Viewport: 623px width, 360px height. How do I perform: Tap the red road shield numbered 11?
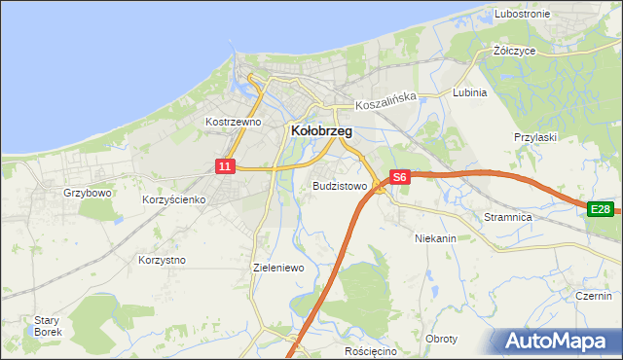pyautogui.click(x=225, y=166)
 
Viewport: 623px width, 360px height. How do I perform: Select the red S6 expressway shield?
pyautogui.click(x=399, y=177)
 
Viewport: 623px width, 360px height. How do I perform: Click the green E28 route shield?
pyautogui.click(x=601, y=209)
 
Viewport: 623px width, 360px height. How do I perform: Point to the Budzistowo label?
pyautogui.click(x=340, y=185)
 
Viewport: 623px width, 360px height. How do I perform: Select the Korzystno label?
pyautogui.click(x=162, y=260)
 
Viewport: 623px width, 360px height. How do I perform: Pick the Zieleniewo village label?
pyautogui.click(x=279, y=267)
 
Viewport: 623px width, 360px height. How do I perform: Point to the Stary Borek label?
pyautogui.click(x=48, y=326)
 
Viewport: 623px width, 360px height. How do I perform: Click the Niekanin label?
pyautogui.click(x=435, y=237)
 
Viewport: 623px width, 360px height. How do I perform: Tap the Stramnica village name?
pyautogui.click(x=508, y=217)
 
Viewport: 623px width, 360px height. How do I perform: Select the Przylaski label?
pyautogui.click(x=534, y=137)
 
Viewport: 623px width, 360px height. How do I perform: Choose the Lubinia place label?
pyautogui.click(x=470, y=92)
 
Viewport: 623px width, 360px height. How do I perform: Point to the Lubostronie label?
pyautogui.click(x=522, y=14)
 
